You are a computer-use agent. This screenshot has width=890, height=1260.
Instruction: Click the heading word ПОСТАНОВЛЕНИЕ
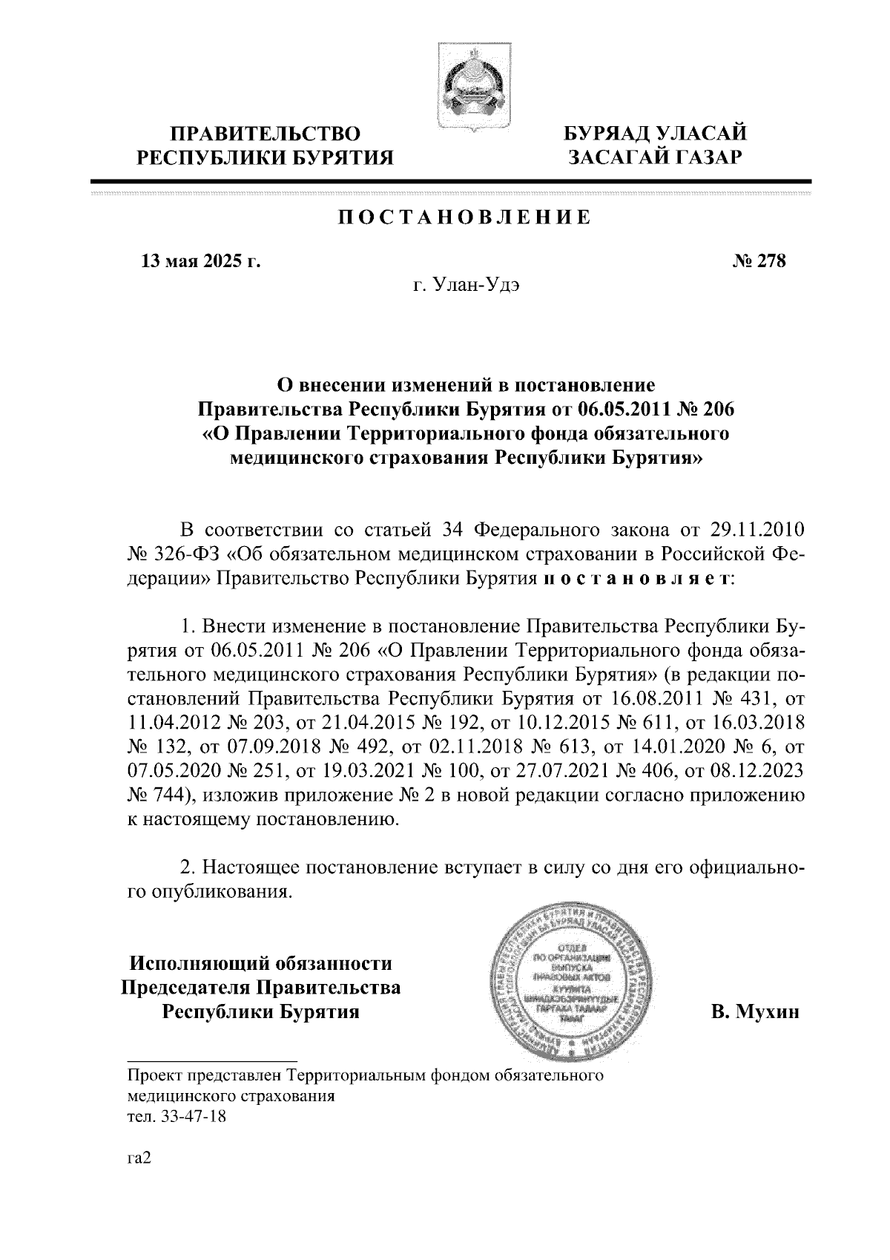click(465, 217)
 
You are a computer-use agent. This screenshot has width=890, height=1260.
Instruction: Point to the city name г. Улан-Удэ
click(467, 286)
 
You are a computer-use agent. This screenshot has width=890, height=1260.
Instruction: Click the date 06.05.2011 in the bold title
click(628, 409)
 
